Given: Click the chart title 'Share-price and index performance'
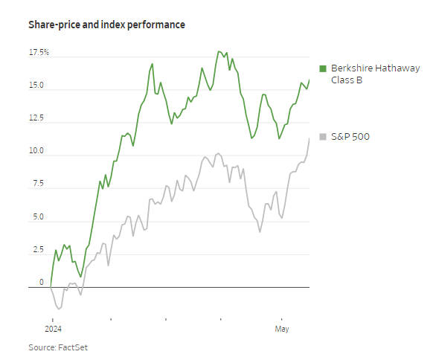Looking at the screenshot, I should [106, 25].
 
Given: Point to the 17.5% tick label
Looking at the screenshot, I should [39, 53].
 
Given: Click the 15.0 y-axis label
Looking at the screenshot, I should [36, 86].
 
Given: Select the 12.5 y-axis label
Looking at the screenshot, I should [36, 118].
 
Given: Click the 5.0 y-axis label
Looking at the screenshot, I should [37, 218].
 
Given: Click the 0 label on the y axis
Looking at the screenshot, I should [42, 283].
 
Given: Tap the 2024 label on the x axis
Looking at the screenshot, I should [52, 329].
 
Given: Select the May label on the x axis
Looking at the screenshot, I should [282, 329].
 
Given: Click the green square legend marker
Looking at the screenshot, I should [323, 68].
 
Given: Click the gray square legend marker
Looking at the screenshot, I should [323, 136].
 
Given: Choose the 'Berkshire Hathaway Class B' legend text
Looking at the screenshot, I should [375, 74].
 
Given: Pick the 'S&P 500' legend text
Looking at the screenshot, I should [350, 136].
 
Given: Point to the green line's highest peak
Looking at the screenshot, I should [218, 51].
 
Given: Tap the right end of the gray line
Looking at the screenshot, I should [310, 138].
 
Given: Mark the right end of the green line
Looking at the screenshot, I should [310, 80].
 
